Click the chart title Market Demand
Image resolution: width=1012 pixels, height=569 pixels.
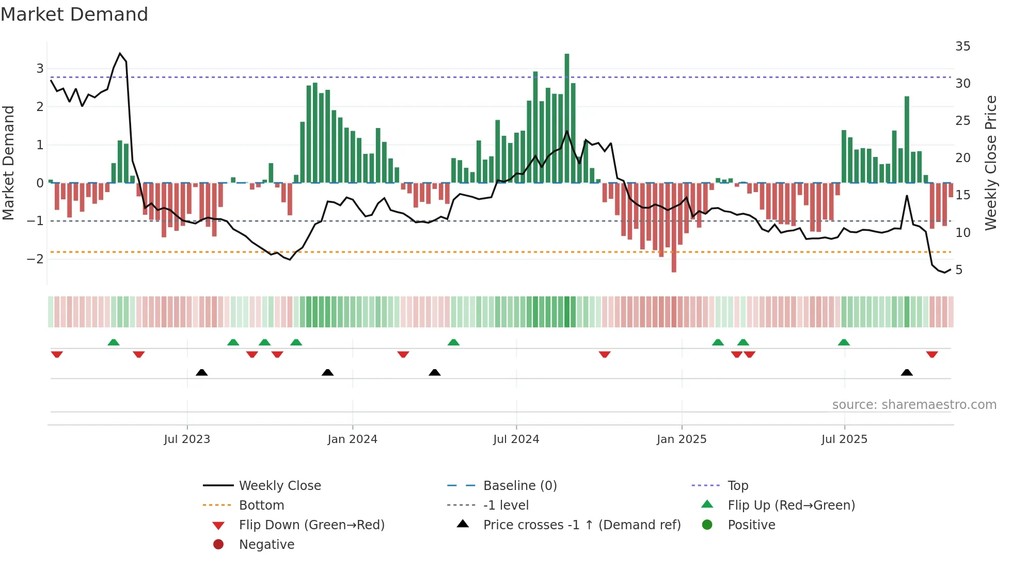pyautogui.click(x=74, y=14)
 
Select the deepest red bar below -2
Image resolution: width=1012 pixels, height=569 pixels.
pyautogui.click(x=674, y=227)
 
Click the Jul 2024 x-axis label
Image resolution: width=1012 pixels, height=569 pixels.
pyautogui.click(x=516, y=439)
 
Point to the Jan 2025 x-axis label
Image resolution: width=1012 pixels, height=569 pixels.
pyautogui.click(x=682, y=439)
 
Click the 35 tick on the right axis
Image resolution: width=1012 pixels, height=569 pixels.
pyautogui.click(x=962, y=46)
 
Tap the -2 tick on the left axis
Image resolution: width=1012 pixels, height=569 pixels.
pyautogui.click(x=36, y=259)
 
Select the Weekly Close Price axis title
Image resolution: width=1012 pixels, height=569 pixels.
pyautogui.click(x=990, y=163)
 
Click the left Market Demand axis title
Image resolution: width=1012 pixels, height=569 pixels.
pyautogui.click(x=8, y=163)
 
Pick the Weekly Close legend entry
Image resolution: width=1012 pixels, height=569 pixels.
pyautogui.click(x=279, y=486)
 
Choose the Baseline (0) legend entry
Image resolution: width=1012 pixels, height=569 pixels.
pyautogui.click(x=519, y=486)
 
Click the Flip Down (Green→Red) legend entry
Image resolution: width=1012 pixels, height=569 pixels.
pyautogui.click(x=311, y=525)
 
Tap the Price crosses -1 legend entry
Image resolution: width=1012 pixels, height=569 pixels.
pyautogui.click(x=581, y=525)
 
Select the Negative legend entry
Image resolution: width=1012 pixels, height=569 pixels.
pyautogui.click(x=266, y=545)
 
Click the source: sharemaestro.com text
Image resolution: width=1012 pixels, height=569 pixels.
pyautogui.click(x=914, y=405)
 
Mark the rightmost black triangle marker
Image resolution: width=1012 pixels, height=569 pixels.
pyautogui.click(x=907, y=372)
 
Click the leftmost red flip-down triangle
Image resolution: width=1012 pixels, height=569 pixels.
pyautogui.click(x=57, y=354)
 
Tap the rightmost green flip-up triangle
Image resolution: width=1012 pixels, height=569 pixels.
pyautogui.click(x=844, y=342)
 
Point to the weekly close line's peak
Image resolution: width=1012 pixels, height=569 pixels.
pyautogui.click(x=120, y=53)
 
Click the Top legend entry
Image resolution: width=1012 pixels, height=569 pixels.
pyautogui.click(x=737, y=486)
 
